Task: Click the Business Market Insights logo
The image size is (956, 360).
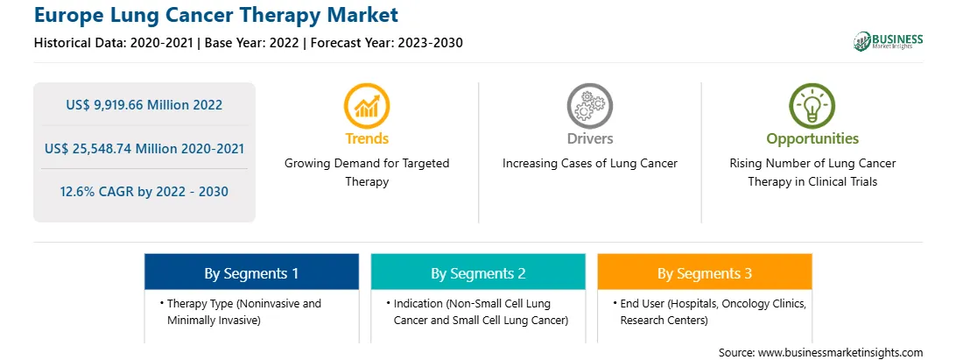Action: (x=888, y=41)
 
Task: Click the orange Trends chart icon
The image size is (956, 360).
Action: (x=367, y=106)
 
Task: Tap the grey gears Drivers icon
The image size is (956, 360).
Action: (x=589, y=106)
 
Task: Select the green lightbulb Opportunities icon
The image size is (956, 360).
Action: (x=812, y=106)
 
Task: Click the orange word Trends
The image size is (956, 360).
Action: (x=367, y=138)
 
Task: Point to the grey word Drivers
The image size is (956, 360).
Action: (x=590, y=138)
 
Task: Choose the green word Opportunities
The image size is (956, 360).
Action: (x=812, y=139)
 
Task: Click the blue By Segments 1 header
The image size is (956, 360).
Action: (x=252, y=272)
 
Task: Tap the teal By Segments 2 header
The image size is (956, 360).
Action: (x=478, y=272)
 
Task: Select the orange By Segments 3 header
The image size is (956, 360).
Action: (x=705, y=272)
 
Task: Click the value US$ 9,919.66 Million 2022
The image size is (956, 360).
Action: (x=144, y=105)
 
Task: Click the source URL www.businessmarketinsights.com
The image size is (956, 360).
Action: (x=840, y=352)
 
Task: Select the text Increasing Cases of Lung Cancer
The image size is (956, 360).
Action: (x=589, y=164)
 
